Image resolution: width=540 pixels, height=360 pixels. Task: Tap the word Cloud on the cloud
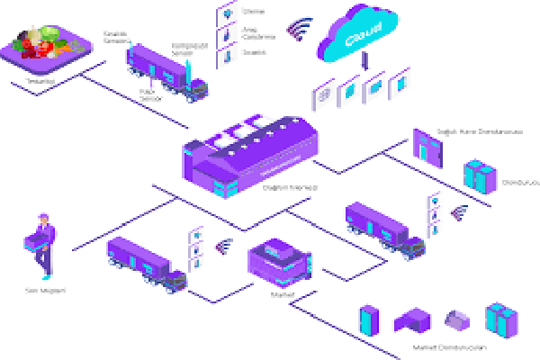click(364, 36)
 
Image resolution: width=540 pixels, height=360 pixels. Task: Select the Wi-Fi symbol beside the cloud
click(298, 30)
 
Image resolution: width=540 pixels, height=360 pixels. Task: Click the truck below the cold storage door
click(384, 229)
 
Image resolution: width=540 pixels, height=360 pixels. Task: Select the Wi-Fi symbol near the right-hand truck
click(459, 212)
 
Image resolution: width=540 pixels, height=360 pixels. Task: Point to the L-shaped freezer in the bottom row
click(414, 320)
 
